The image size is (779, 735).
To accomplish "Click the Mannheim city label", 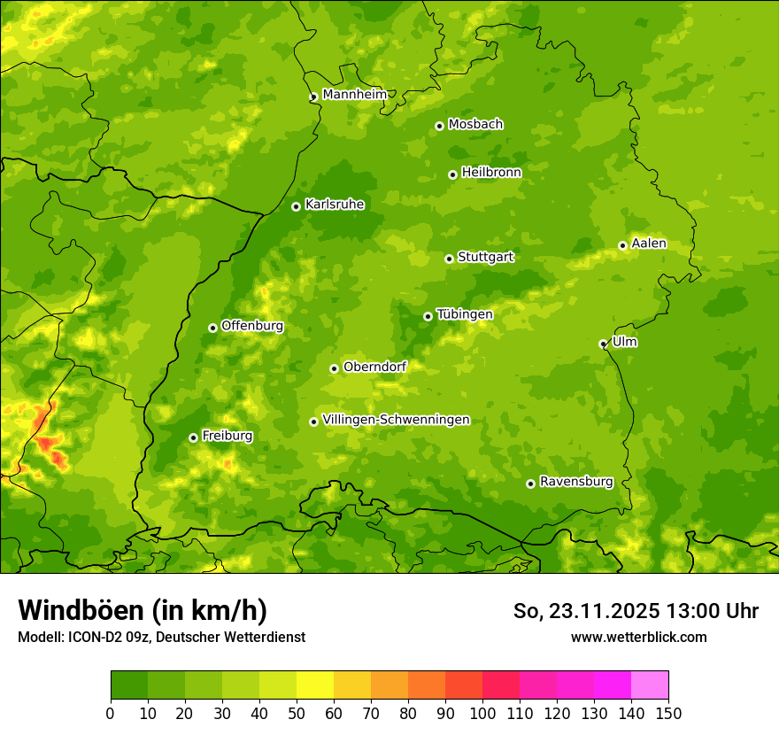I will [354, 95].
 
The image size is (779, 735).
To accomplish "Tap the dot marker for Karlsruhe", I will [296, 206].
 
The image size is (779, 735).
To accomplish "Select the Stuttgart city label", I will [485, 258].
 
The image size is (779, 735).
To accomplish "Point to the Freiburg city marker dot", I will [193, 437].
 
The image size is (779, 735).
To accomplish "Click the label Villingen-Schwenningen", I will [396, 420].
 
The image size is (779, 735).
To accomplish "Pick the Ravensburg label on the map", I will [576, 482].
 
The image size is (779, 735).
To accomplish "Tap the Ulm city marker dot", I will [603, 344].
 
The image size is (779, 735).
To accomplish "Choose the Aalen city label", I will [649, 244].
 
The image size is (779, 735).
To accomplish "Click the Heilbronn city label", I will [491, 173].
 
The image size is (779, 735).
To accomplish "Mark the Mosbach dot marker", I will [439, 126].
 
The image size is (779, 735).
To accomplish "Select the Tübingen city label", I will [465, 314].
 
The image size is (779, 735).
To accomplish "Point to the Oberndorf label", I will [374, 367].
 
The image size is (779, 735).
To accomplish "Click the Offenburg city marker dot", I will [212, 328].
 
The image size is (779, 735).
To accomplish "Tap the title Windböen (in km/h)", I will [143, 610].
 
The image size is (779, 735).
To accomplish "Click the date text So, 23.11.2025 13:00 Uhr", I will [636, 611].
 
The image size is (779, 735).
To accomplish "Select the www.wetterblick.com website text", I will [638, 637].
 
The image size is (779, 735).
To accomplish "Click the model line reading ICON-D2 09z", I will [161, 637].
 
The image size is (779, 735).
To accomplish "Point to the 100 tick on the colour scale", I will [482, 713].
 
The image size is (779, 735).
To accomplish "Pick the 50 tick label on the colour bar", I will [297, 713].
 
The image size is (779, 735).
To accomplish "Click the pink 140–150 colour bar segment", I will [650, 685].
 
